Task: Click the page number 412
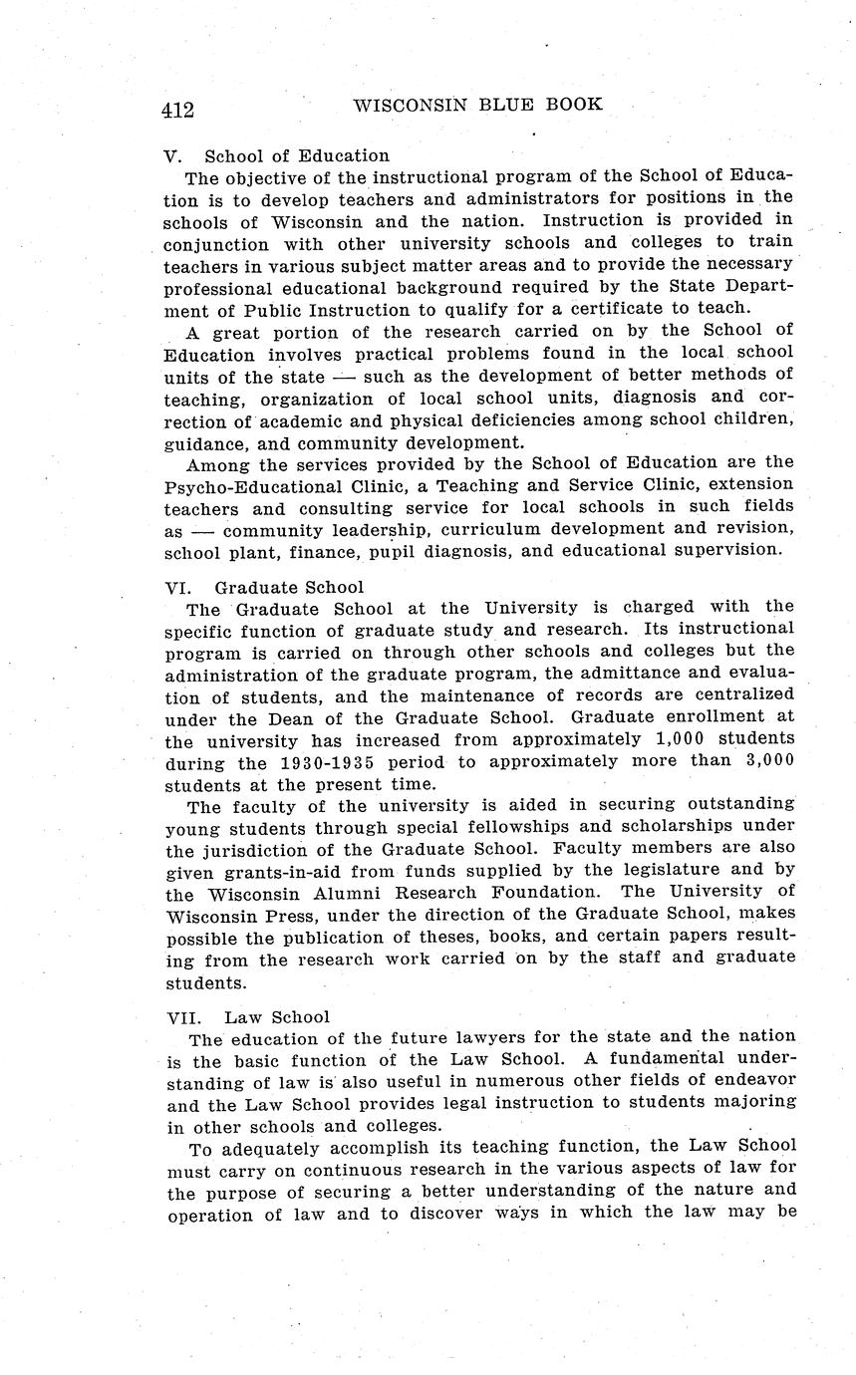coord(177,110)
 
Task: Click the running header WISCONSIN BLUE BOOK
coord(478,104)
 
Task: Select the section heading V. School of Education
coord(277,155)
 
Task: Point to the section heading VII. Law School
coord(247,1017)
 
